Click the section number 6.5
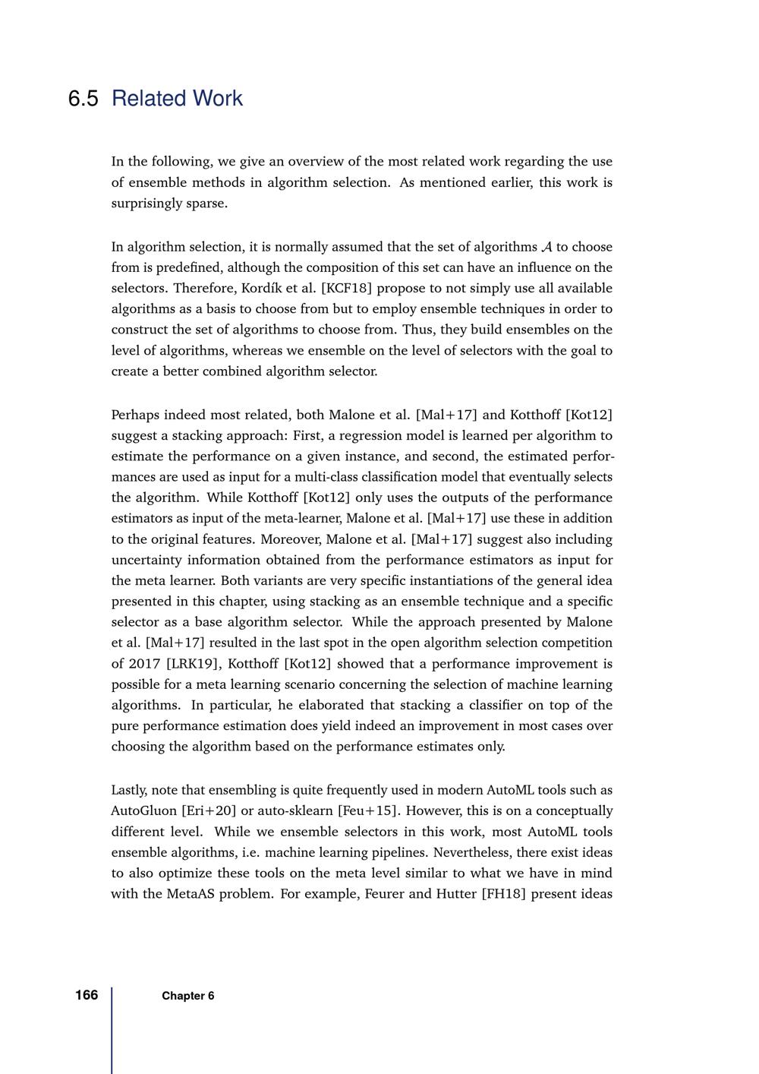(83, 99)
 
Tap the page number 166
(87, 995)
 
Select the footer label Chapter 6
(187, 996)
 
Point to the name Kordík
(263, 289)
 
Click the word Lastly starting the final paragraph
(130, 790)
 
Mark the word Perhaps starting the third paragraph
(135, 415)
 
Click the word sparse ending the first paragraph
(207, 204)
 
